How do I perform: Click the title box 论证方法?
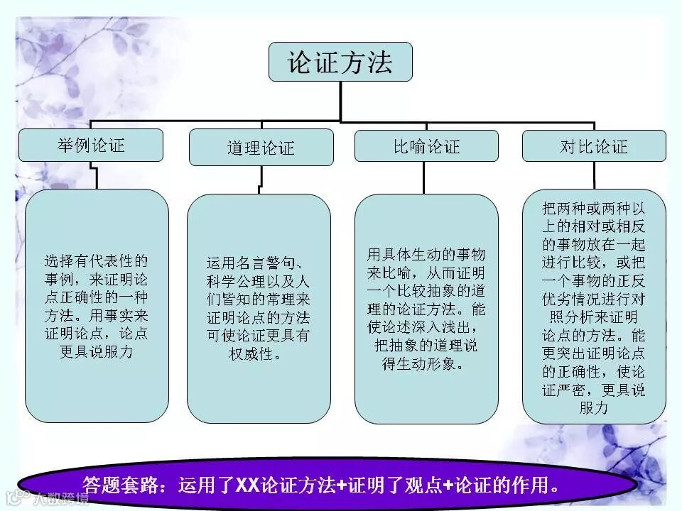coord(340,62)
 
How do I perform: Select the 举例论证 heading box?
coord(91,145)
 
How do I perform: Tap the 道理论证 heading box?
coord(261,148)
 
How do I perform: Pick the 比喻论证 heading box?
coord(426,146)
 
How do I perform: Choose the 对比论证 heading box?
coord(594,146)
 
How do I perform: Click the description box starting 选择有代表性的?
coord(97,305)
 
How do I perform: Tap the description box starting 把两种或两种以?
coord(594,305)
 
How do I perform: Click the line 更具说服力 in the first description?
coord(97,351)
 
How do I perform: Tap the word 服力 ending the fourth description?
coord(594,407)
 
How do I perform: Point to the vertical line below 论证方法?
coord(340,99)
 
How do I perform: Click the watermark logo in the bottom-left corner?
coord(14,499)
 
